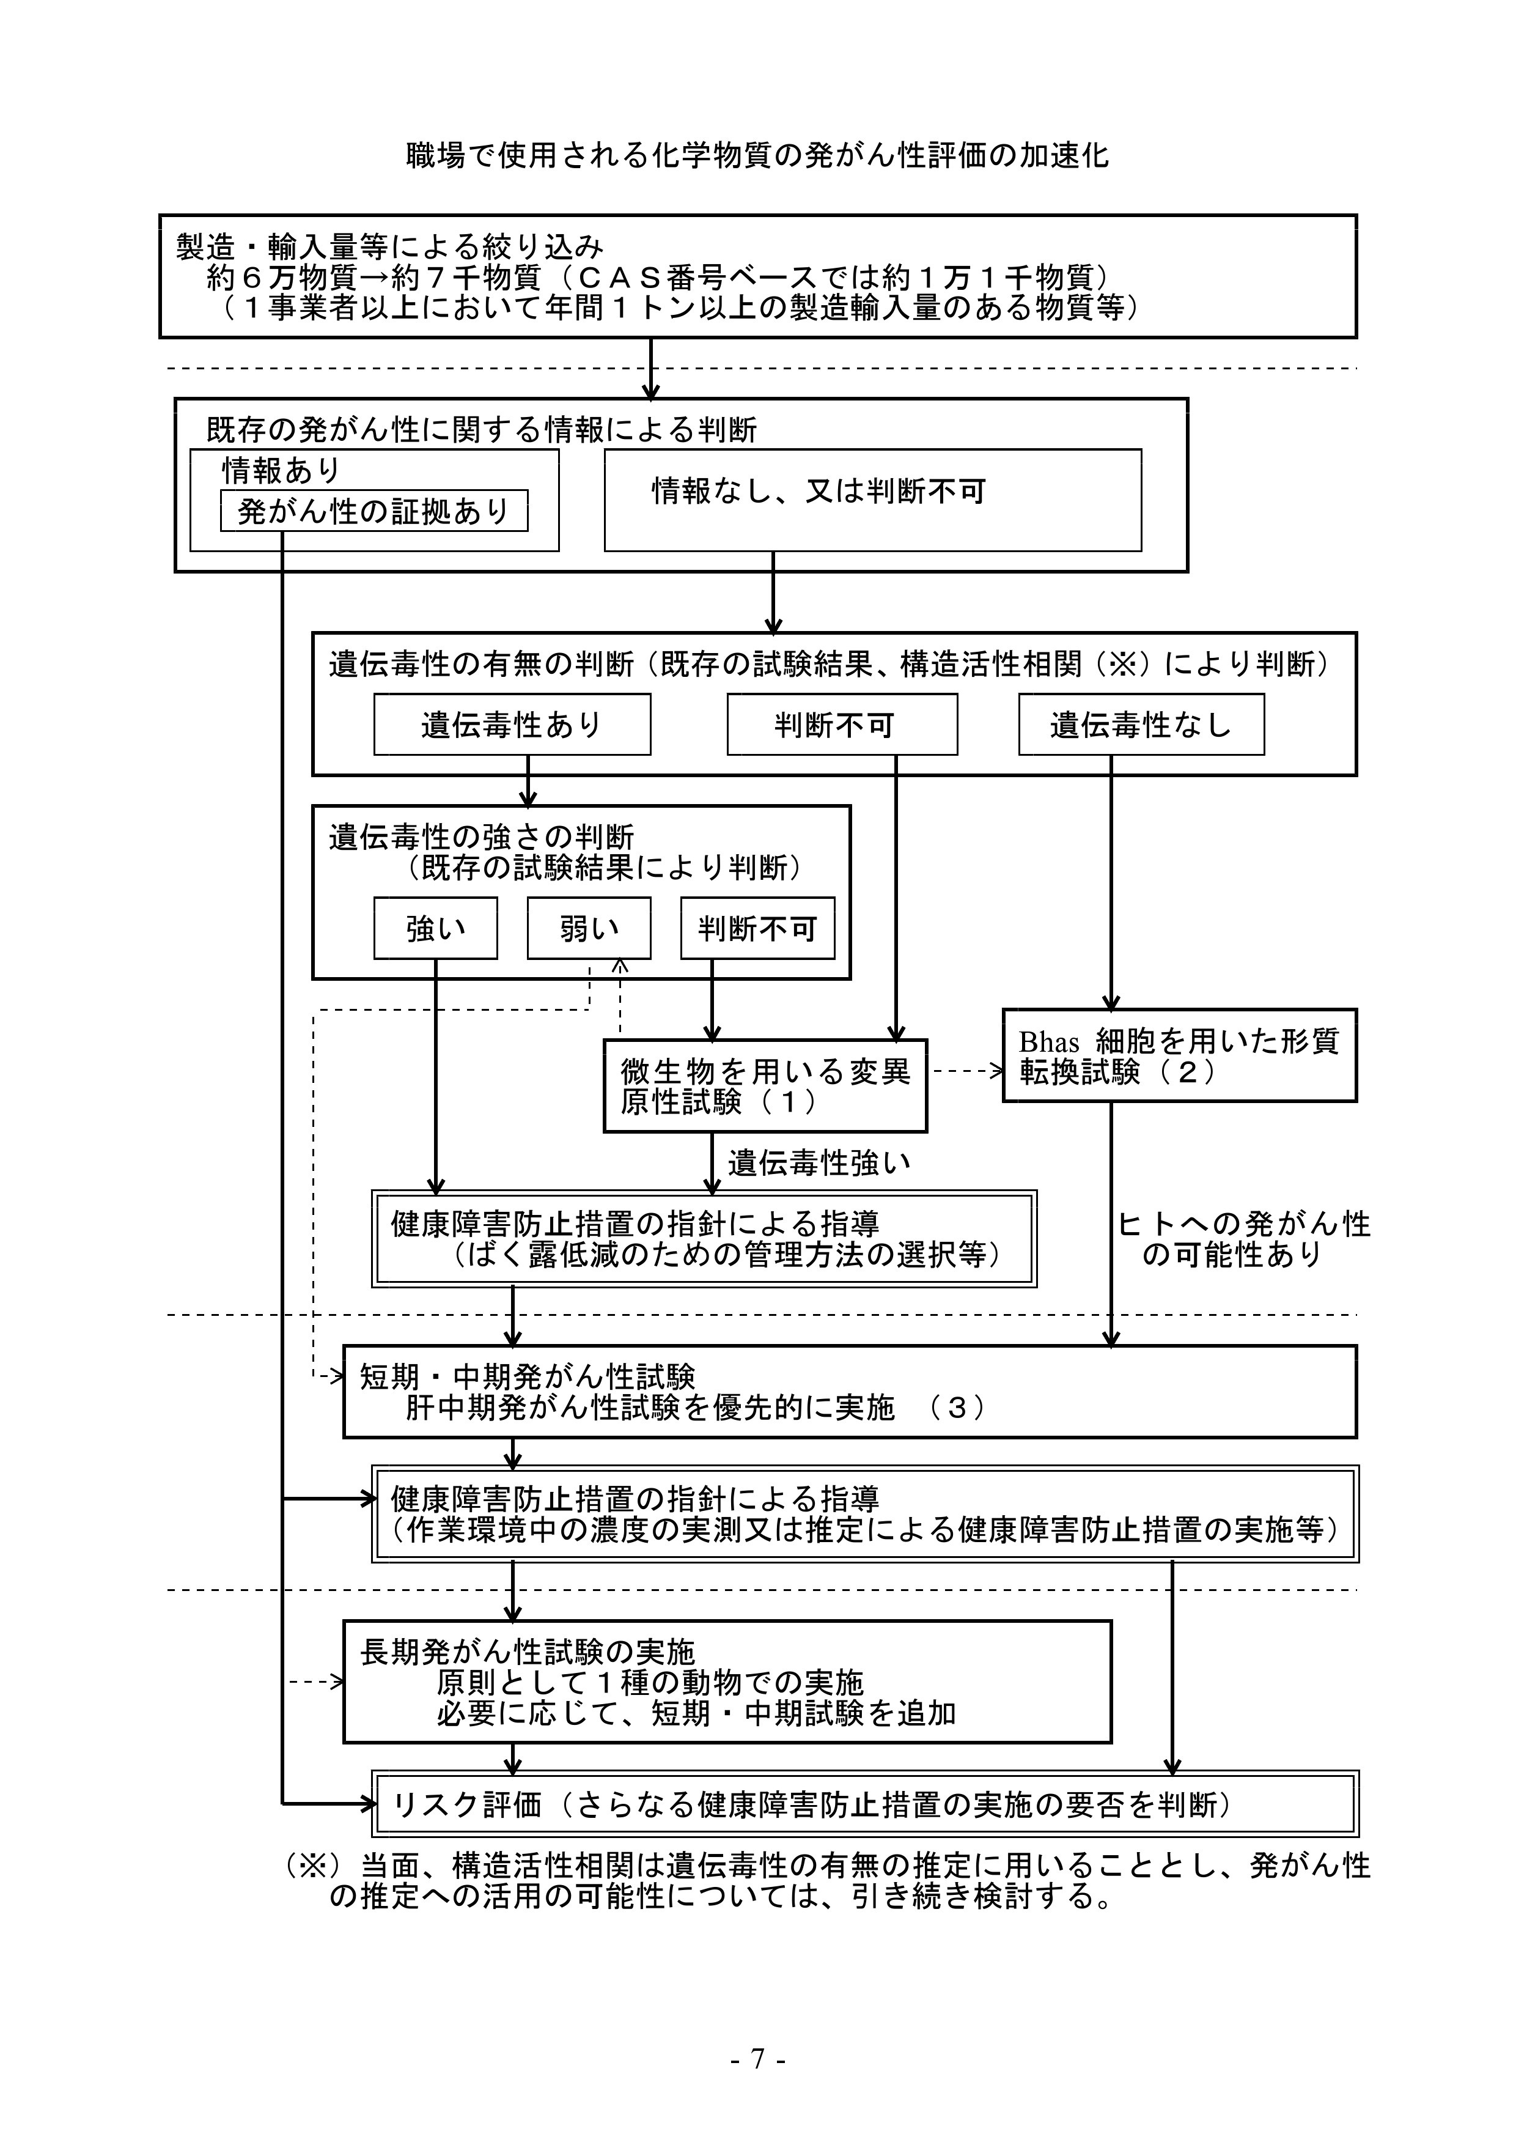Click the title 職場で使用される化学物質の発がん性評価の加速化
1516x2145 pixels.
[757, 155]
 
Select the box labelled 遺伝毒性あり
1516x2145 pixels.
[512, 724]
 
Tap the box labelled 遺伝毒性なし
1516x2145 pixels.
[1141, 724]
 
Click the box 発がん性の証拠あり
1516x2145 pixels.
[373, 511]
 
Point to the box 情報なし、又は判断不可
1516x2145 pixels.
[872, 500]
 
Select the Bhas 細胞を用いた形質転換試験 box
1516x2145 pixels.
[1179, 1055]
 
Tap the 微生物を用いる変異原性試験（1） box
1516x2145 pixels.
[765, 1085]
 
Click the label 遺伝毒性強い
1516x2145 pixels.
[819, 1163]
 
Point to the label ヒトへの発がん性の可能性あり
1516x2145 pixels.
[1243, 1239]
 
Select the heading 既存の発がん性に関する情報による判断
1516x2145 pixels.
[481, 430]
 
